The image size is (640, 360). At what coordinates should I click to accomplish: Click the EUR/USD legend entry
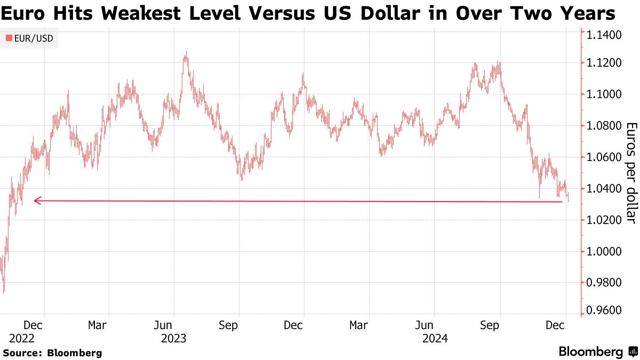click(33, 38)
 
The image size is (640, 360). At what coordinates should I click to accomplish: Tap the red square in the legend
click(9, 38)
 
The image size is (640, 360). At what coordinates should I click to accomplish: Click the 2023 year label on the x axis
click(173, 339)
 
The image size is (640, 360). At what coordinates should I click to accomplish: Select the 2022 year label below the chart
click(22, 339)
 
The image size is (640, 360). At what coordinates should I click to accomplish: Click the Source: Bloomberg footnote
click(52, 353)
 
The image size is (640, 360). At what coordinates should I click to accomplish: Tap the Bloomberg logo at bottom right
click(597, 352)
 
